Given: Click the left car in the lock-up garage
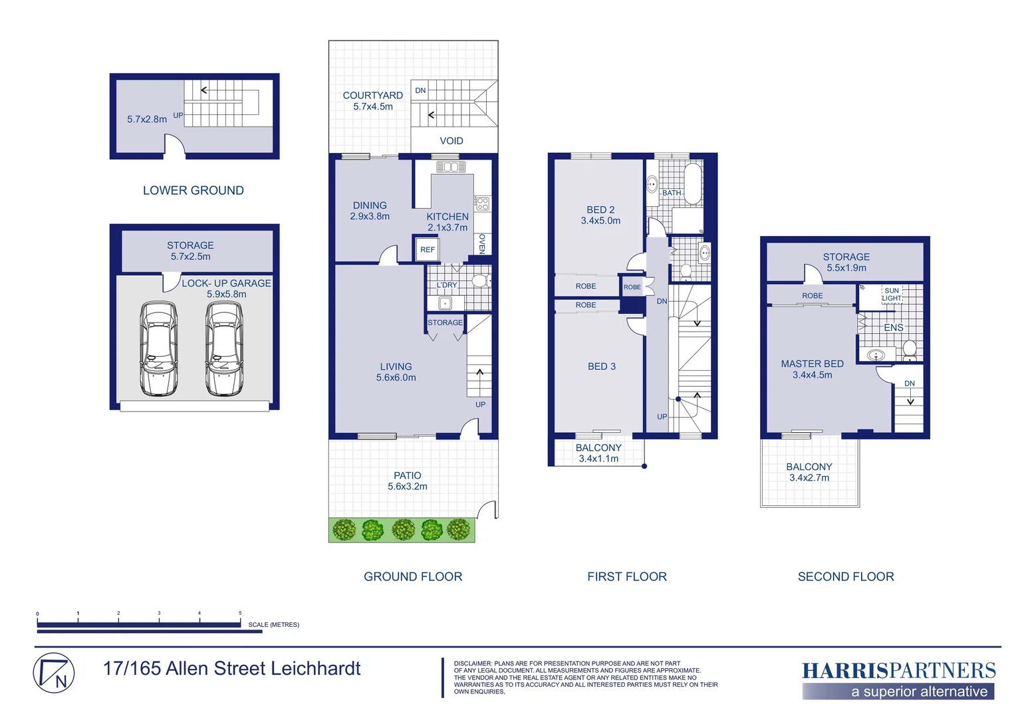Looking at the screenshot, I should point(158,348).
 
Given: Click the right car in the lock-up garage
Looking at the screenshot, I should point(224,348).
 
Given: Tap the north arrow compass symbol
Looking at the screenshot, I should point(54,673).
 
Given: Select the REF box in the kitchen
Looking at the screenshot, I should point(427,250).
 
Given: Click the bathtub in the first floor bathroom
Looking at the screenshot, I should point(693,183).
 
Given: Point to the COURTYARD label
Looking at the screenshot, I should point(372,96).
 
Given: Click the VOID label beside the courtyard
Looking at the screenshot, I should point(451,141).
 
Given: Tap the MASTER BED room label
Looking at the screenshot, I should point(812,364).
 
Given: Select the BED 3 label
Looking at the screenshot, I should point(601,366).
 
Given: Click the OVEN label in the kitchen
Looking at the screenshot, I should point(482,243).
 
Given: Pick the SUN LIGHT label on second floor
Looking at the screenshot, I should point(892,295).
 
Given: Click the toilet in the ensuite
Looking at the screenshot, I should point(909,349).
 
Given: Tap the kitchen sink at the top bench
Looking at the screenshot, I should point(450,167).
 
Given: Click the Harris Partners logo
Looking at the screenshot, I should point(898,679).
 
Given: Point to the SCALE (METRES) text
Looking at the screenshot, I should point(273,625).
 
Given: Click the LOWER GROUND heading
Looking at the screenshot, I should point(193,191).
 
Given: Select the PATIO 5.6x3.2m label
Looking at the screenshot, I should point(407,481).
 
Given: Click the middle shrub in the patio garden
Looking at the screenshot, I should point(403,530).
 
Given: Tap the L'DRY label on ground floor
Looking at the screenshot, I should point(447,285).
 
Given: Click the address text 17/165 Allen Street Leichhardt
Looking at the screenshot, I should point(231,669).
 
